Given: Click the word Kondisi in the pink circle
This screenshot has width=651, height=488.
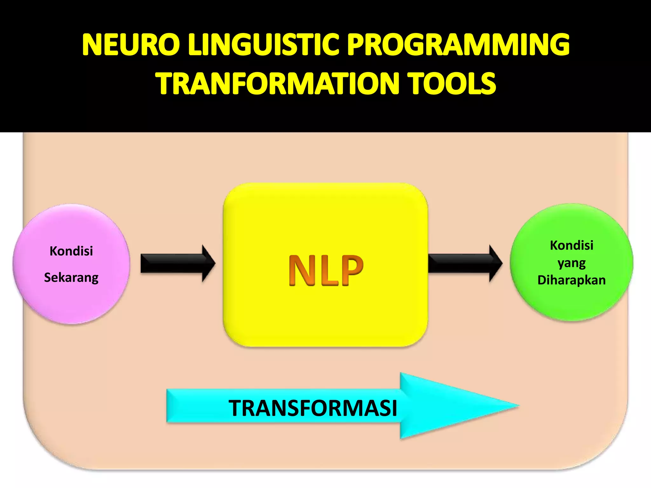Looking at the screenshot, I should (71, 251).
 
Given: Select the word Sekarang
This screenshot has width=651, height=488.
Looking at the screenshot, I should (71, 278).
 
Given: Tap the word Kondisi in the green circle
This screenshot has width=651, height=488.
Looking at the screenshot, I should (572, 245).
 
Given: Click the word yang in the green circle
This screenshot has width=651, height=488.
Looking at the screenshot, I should (572, 263).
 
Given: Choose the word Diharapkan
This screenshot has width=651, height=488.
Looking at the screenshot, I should (572, 280).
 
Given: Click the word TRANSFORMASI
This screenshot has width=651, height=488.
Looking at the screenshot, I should (313, 408).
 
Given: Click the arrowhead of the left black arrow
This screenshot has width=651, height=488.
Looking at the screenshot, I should (209, 263).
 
